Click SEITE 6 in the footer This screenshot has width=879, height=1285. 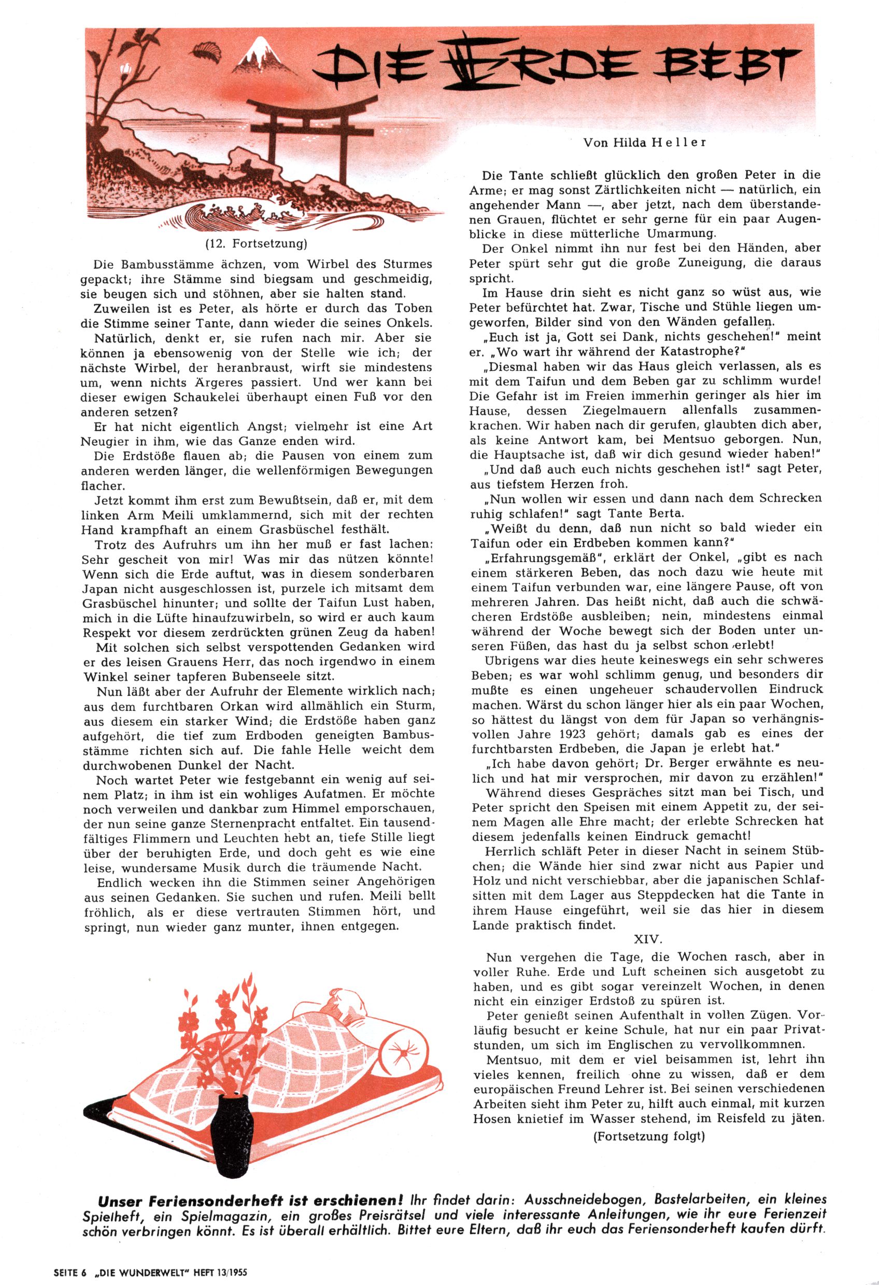tap(71, 1272)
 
